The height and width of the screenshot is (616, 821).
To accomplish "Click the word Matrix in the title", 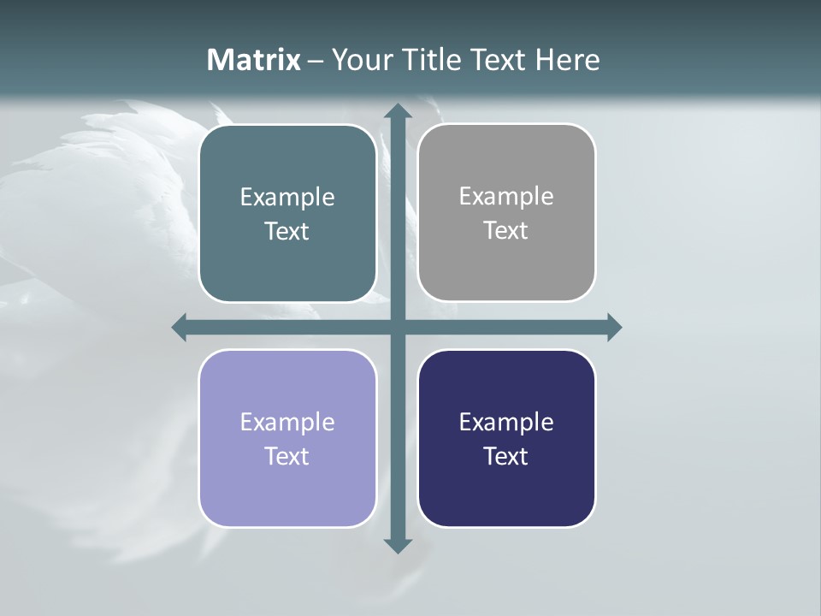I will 253,60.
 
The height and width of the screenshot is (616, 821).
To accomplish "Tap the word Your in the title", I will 358,60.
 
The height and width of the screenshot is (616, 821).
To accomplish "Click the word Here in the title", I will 567,60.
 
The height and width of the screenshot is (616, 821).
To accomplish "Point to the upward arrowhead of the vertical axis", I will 398,112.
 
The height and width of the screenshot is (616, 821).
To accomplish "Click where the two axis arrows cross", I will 398,327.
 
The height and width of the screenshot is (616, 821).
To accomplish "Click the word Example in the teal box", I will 287,198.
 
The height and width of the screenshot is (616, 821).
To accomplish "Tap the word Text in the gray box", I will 506,231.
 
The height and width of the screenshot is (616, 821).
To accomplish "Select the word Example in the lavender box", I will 287,423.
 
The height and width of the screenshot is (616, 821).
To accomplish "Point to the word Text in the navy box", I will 506,457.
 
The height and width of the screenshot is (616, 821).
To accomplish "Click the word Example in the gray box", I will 506,197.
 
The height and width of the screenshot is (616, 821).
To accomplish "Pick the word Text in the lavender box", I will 287,457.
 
